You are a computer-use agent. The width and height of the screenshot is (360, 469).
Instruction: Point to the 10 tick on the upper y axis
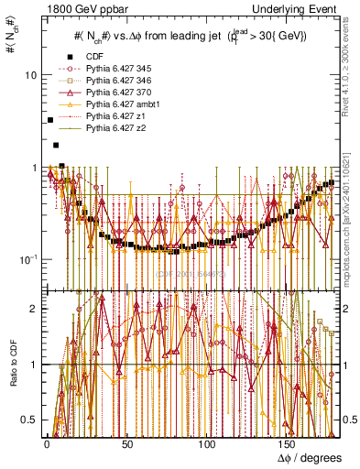point(30,74)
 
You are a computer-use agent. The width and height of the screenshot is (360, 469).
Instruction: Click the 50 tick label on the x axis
point(126,443)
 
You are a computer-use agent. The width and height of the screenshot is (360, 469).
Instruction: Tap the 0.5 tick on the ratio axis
point(28,420)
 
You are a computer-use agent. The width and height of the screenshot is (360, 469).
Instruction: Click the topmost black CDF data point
point(49,120)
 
